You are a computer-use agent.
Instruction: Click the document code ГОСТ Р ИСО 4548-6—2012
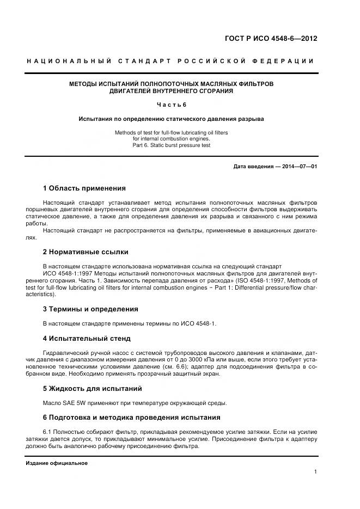pos(271,39)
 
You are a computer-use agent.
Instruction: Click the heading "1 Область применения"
pos(84,188)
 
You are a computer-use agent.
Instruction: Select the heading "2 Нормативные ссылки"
pos(86,252)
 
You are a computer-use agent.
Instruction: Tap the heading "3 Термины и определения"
pos(90,309)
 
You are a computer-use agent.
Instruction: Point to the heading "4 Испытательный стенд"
pos(87,339)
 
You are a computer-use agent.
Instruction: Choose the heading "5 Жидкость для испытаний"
pos(92,389)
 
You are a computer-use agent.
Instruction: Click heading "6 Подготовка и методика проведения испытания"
pos(131,418)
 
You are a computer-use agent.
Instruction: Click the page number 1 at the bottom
pos(315,472)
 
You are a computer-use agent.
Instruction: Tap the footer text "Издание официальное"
pos(57,463)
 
